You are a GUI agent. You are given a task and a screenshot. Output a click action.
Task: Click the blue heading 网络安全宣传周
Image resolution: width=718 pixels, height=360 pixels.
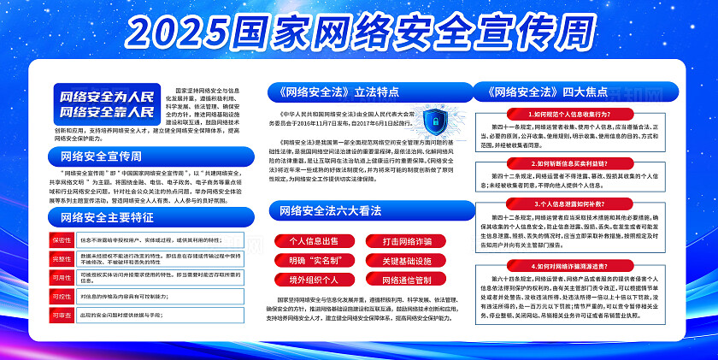(103, 156)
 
